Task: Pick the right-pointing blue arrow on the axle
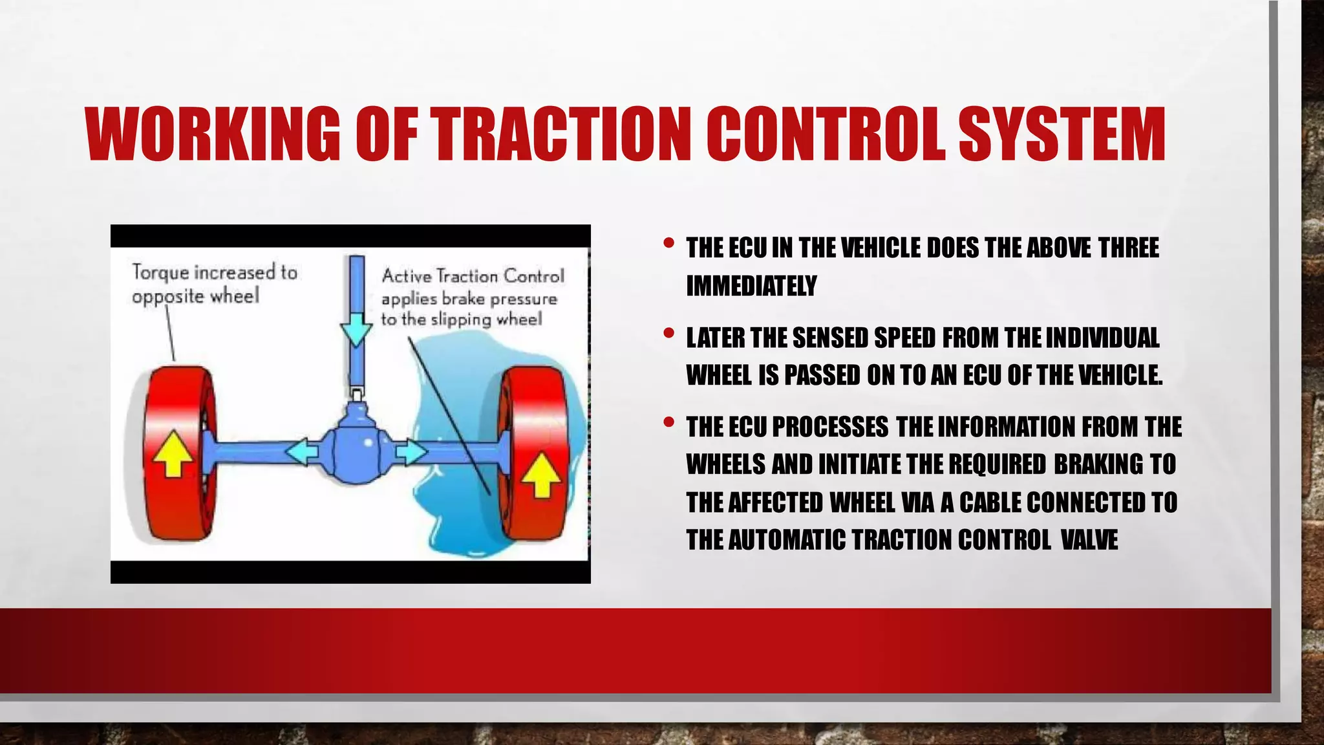[x=409, y=451]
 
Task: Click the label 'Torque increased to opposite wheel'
[x=214, y=284]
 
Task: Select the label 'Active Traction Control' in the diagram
[x=473, y=276]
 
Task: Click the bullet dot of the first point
[x=669, y=244]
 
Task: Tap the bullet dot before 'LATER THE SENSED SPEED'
[x=669, y=334]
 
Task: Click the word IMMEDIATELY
[x=751, y=286]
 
